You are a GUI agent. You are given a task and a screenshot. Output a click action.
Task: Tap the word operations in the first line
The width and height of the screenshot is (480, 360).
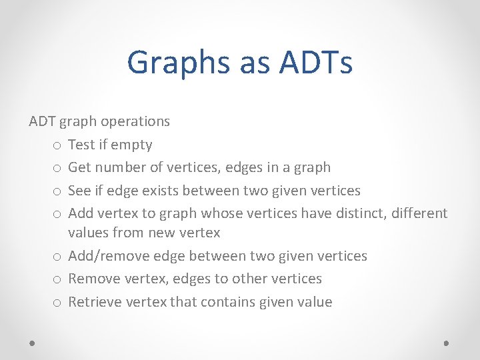pos(137,121)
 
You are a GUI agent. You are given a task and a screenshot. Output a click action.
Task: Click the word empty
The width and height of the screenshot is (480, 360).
pos(131,145)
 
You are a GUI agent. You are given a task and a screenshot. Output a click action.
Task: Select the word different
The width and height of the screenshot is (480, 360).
pos(419,213)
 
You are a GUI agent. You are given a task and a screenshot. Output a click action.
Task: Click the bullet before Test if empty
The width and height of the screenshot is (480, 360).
pos(57,145)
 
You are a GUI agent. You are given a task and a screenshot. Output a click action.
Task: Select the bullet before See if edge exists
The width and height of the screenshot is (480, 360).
pos(57,191)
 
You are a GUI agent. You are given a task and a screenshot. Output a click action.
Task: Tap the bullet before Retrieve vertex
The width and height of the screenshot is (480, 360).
pos(57,303)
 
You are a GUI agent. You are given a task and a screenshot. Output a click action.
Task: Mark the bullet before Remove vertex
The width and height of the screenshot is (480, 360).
pos(57,279)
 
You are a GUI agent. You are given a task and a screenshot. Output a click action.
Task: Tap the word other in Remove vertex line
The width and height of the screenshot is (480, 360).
pos(247,279)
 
